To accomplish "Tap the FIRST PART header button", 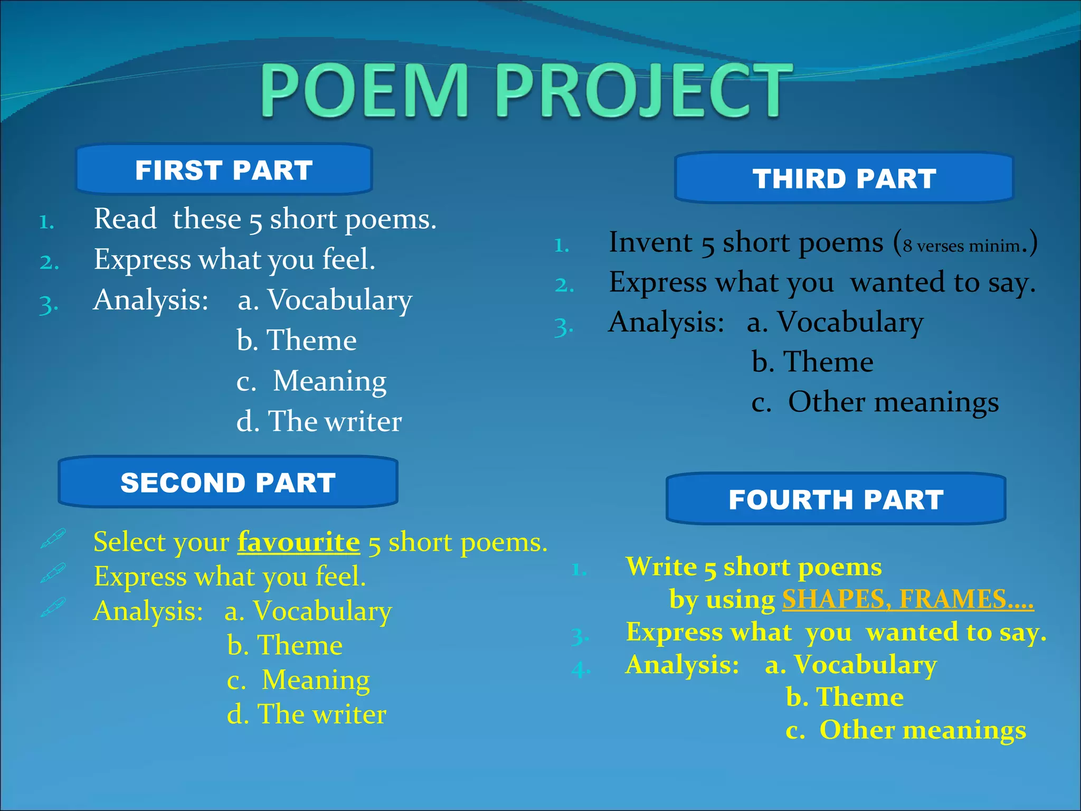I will pyautogui.click(x=224, y=170).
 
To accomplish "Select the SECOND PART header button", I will pyautogui.click(x=228, y=483).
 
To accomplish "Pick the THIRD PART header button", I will pyautogui.click(x=844, y=178).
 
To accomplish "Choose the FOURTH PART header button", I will pyautogui.click(x=836, y=499).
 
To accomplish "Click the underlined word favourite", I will pyautogui.click(x=299, y=542).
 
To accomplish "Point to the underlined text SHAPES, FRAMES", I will pyautogui.click(x=907, y=600).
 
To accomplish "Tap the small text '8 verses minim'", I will pyautogui.click(x=961, y=246).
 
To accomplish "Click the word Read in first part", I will pyautogui.click(x=125, y=219).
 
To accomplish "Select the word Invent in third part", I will pyautogui.click(x=650, y=242).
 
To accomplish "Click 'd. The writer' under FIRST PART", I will pyautogui.click(x=319, y=421).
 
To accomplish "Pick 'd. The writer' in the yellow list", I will pyautogui.click(x=307, y=714).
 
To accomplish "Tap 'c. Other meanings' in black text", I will pyautogui.click(x=875, y=402).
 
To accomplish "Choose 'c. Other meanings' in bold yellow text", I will pyautogui.click(x=906, y=730).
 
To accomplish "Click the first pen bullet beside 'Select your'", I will pyautogui.click(x=53, y=539).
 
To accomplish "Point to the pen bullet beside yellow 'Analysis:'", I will pyautogui.click(x=53, y=607).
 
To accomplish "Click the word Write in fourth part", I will pyautogui.click(x=661, y=567).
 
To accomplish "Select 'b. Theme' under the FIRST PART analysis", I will pyautogui.click(x=297, y=340).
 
